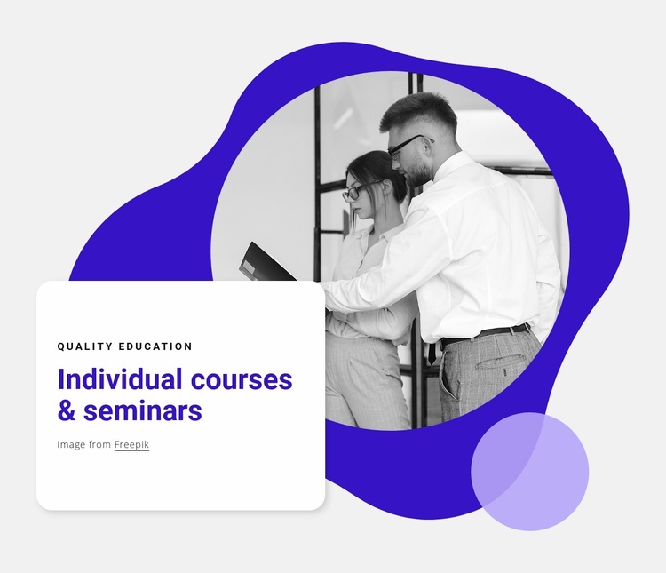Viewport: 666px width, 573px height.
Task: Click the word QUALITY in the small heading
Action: click(x=85, y=346)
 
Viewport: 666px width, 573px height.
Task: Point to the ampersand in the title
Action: click(x=66, y=411)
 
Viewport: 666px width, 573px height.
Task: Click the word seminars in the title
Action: click(x=143, y=411)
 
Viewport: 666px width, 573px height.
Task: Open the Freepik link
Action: click(x=131, y=444)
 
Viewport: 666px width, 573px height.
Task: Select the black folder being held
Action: click(x=266, y=265)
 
